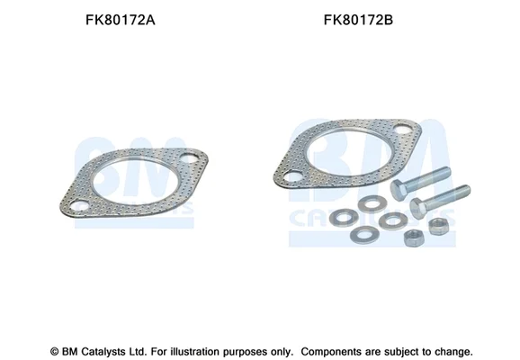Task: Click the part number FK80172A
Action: tap(120, 20)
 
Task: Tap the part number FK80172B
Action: tap(358, 20)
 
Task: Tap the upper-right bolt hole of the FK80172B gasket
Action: tap(402, 129)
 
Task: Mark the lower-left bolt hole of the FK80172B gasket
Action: tap(292, 176)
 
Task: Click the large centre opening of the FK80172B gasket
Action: tap(351, 153)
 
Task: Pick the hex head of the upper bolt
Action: tap(399, 189)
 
